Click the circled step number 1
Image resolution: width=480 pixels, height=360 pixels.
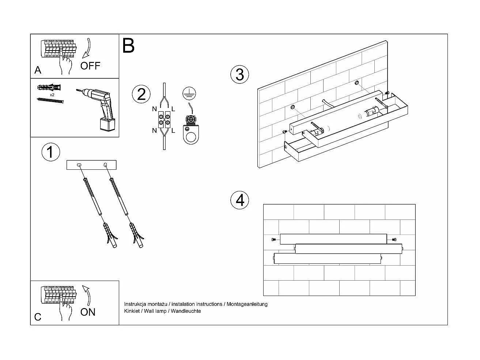coord(50,152)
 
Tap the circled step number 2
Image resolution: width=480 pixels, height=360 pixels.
coord(141,94)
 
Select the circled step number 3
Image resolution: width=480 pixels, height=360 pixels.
coord(239,74)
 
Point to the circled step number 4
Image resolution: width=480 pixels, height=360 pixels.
coord(239,200)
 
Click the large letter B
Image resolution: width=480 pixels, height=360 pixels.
coord(128,46)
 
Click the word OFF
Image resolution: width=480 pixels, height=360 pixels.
coord(90,66)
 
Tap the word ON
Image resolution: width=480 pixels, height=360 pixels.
coord(88,312)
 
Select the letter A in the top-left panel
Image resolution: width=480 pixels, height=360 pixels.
coord(38,70)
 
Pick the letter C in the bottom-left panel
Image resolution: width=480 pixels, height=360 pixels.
coord(38,317)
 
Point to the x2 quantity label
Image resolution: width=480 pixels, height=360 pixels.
coord(52,95)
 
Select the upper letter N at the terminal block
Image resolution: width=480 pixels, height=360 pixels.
coord(155,109)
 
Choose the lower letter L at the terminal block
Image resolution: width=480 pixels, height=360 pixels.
coord(173,131)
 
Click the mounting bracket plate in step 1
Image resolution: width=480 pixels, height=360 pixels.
coord(91,165)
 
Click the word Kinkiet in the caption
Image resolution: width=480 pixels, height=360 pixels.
coord(132,311)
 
